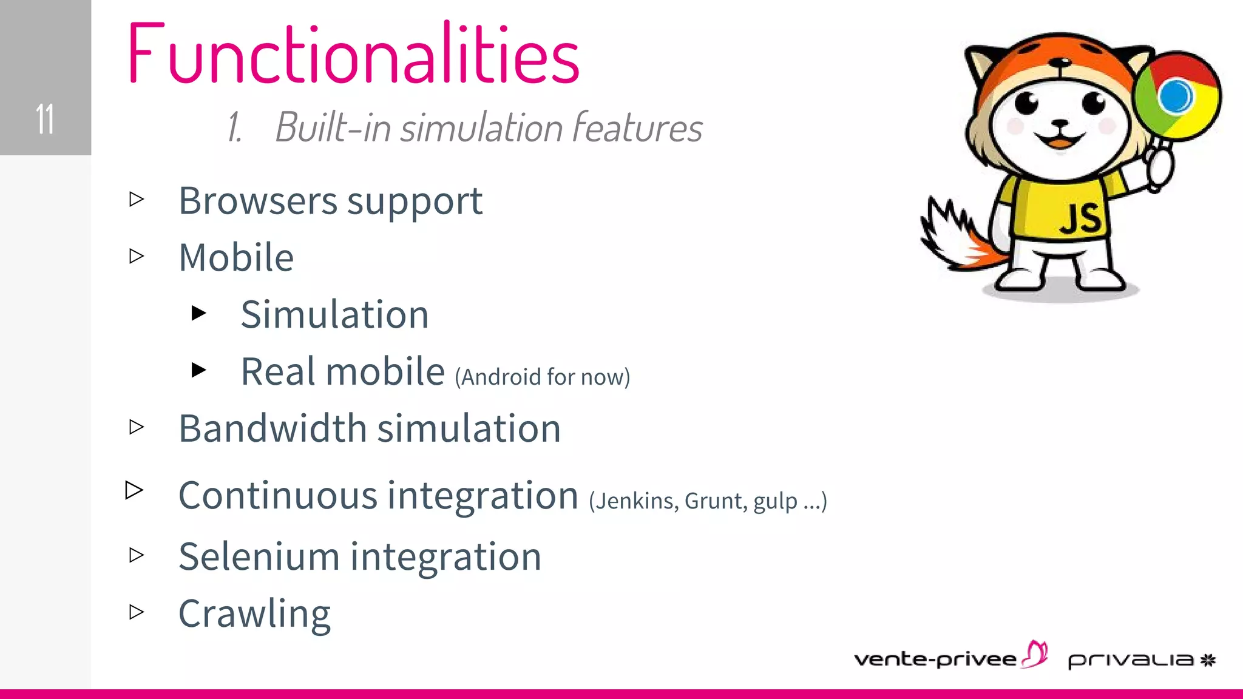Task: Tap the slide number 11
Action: point(45,119)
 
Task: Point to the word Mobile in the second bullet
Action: point(236,258)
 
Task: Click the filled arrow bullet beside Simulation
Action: point(198,313)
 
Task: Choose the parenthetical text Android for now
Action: point(543,377)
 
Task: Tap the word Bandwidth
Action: point(273,429)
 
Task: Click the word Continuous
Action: point(277,496)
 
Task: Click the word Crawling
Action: point(254,614)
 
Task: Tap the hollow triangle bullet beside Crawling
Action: point(137,612)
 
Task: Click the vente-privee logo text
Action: point(935,660)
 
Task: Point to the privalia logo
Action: point(1141,660)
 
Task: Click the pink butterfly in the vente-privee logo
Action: point(1035,653)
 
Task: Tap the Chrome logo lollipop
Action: point(1177,97)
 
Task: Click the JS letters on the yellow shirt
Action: point(1080,219)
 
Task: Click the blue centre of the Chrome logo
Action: point(1175,96)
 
